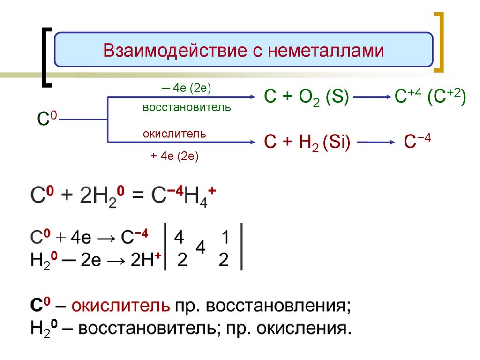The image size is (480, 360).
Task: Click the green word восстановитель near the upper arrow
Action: point(187,107)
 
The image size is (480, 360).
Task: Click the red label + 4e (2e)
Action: point(175,156)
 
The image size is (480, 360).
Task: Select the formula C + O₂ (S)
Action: point(306,98)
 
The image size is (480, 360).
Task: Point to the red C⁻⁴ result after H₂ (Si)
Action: point(417,142)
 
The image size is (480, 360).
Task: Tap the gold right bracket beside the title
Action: point(439,42)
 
